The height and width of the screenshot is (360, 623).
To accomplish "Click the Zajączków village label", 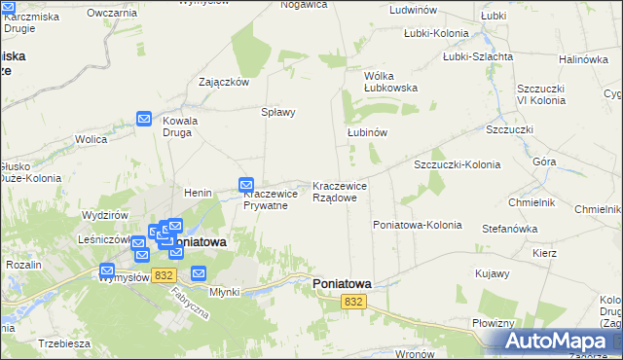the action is (224, 82).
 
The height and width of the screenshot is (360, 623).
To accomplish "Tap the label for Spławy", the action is (277, 112).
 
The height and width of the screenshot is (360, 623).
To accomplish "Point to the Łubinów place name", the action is (368, 132).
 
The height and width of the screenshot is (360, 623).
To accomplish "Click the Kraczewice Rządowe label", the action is (340, 192).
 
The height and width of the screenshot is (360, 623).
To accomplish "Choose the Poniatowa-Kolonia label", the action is (417, 225).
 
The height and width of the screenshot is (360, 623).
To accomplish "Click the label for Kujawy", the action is (492, 274).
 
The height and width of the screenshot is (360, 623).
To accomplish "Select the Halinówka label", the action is (583, 59).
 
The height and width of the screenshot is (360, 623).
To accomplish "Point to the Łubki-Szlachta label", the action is (477, 56).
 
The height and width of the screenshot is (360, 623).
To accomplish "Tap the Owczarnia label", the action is (111, 13).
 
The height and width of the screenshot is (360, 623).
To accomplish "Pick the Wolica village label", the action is (91, 139).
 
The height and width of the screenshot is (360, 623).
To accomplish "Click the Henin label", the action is (198, 193).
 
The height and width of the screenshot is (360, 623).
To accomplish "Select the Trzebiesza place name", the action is (65, 343).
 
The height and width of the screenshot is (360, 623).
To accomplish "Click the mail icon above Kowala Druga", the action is (144, 119).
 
